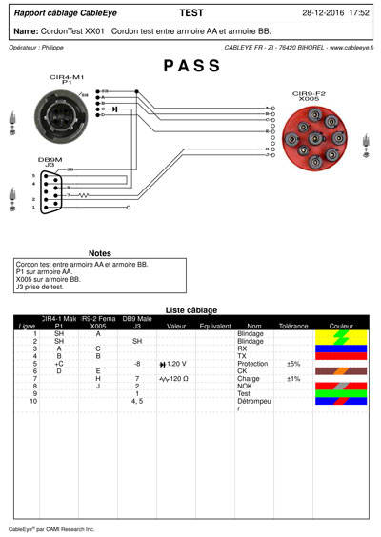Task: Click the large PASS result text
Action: pyautogui.click(x=191, y=67)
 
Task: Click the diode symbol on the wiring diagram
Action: pyautogui.click(x=115, y=109)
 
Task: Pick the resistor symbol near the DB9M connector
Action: pyautogui.click(x=83, y=196)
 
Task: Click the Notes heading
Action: pyautogui.click(x=99, y=253)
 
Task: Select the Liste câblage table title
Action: pyautogui.click(x=190, y=309)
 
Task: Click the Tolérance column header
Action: pyautogui.click(x=293, y=326)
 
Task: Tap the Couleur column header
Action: pyautogui.click(x=339, y=326)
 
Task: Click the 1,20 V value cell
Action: pyautogui.click(x=173, y=364)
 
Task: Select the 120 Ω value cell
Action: pyautogui.click(x=173, y=379)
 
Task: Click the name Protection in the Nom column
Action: pyautogui.click(x=252, y=364)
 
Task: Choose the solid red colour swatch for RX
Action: pyautogui.click(x=339, y=348)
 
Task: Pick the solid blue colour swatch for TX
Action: pyautogui.click(x=339, y=356)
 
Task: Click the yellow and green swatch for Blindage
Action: pyautogui.click(x=339, y=337)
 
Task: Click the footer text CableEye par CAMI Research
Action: pyautogui.click(x=51, y=528)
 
